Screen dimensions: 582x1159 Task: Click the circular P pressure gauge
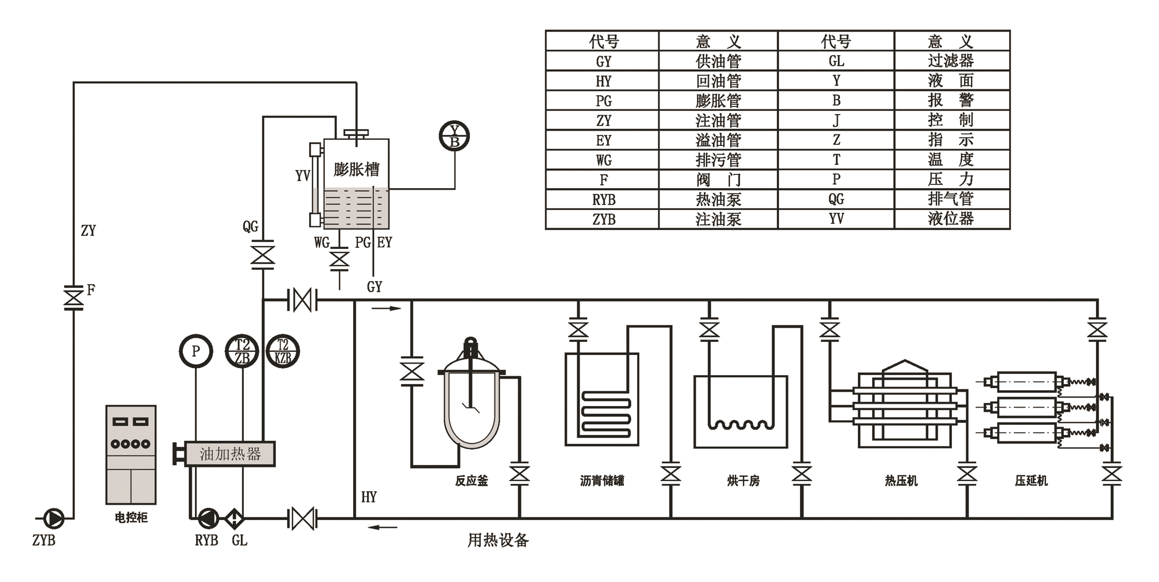click(196, 351)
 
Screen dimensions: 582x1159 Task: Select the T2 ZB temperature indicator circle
click(242, 351)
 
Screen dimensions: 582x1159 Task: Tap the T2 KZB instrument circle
click(283, 351)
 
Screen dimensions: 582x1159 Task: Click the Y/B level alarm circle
click(454, 136)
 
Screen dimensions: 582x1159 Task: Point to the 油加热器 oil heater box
click(230, 454)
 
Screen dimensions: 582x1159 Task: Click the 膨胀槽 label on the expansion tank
click(356, 169)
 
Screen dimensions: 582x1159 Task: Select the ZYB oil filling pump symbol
click(54, 518)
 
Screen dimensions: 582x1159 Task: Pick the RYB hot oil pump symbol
click(208, 518)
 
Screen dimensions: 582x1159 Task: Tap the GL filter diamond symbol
click(234, 518)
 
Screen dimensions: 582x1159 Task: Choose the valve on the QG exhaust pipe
click(262, 255)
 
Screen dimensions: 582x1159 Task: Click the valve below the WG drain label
click(340, 259)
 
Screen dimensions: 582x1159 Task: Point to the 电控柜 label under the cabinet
click(131, 517)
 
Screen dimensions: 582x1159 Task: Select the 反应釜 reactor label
click(471, 481)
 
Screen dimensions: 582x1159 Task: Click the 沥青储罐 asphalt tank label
click(602, 481)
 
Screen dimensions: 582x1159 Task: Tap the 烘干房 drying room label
click(743, 481)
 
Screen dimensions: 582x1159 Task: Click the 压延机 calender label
click(1031, 481)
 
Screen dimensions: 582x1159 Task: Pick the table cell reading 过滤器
click(951, 61)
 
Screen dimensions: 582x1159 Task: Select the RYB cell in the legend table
click(603, 200)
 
